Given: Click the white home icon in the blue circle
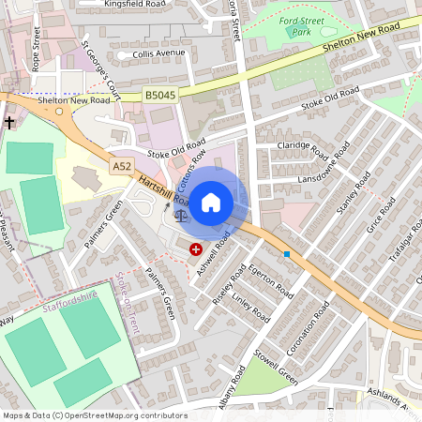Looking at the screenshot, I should [211, 203].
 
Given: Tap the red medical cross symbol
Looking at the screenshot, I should [196, 249].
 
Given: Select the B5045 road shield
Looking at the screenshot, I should [160, 95].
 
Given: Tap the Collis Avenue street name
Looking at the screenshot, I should [155, 53].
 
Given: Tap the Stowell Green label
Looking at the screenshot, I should [276, 368].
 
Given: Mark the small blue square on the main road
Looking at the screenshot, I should [287, 253].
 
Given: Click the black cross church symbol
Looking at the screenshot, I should [9, 123].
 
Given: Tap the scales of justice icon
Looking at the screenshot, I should [180, 214].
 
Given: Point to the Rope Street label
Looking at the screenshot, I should [36, 49].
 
